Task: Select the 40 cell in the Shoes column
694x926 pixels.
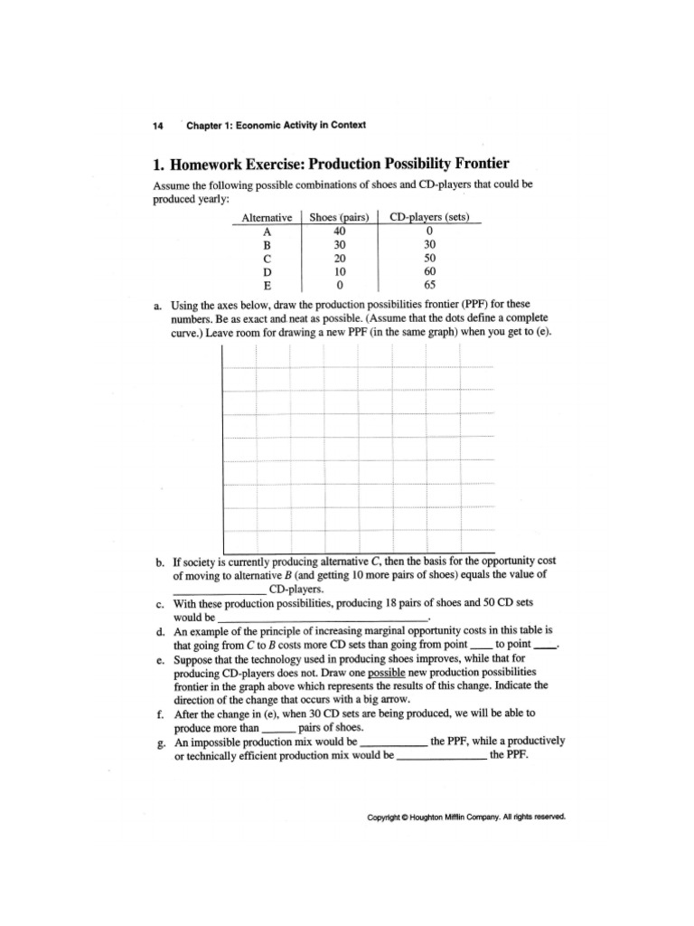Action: point(340,231)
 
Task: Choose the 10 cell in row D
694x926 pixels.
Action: point(340,270)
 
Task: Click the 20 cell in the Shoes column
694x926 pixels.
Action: point(340,257)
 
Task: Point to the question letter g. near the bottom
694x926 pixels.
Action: point(158,741)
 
